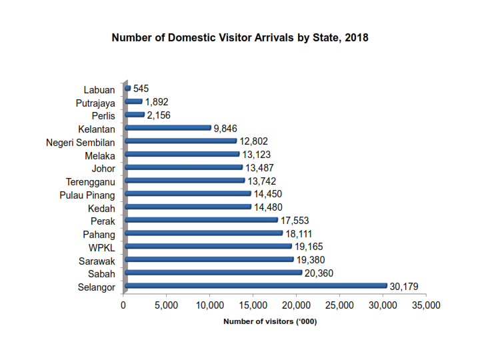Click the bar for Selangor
[x=255, y=286]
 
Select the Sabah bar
[x=213, y=273]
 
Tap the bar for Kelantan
[x=167, y=127]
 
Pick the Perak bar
[x=201, y=220]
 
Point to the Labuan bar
[x=127, y=88]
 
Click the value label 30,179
[x=404, y=287]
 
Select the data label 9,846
[x=226, y=129]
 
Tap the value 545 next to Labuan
[x=141, y=89]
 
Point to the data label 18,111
[x=299, y=234]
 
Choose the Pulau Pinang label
[x=87, y=195]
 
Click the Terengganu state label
[x=91, y=181]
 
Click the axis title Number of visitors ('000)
[x=269, y=323]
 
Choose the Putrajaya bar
[x=133, y=101]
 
